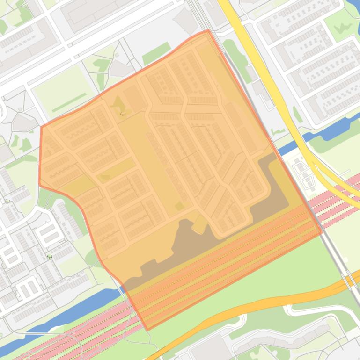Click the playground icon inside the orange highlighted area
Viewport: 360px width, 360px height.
click(x=123, y=113)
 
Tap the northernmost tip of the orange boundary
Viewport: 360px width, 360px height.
click(x=208, y=30)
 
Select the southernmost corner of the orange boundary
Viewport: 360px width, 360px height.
click(x=147, y=330)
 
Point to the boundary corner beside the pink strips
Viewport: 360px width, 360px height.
click(x=322, y=232)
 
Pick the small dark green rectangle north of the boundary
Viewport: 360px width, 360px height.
click(x=156, y=53)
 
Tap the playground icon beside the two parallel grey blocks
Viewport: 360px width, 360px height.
click(x=49, y=256)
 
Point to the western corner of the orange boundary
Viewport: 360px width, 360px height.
click(x=39, y=183)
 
